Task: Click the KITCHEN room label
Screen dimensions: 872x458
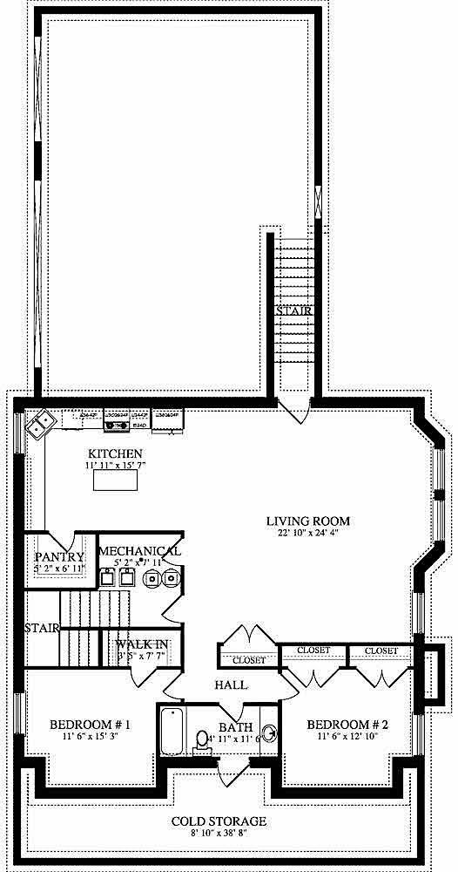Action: (x=114, y=453)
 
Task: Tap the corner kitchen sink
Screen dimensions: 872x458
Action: (x=40, y=426)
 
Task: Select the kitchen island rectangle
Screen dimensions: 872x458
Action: (x=115, y=481)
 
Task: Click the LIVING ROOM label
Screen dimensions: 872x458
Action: (x=302, y=521)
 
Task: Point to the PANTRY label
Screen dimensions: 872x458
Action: (x=59, y=557)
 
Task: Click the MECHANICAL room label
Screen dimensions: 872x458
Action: (x=139, y=551)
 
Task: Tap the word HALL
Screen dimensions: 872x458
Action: (x=230, y=685)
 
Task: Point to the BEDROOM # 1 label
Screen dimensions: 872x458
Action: (x=90, y=725)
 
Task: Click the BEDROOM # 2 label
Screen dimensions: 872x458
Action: (x=347, y=725)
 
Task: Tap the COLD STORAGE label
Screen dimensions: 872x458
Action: (x=219, y=821)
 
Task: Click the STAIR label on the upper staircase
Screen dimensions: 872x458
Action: (x=294, y=311)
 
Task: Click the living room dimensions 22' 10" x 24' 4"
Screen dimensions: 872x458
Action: (x=302, y=534)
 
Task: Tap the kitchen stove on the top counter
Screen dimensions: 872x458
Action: (x=116, y=421)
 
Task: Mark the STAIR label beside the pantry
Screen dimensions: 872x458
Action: (x=41, y=628)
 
